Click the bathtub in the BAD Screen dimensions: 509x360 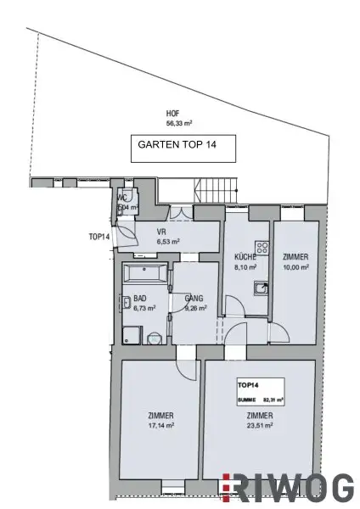145,273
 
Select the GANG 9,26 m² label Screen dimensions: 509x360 196,303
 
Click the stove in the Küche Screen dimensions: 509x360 262,249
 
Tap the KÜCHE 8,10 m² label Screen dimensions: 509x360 245,260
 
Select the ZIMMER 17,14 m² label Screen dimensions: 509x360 160,420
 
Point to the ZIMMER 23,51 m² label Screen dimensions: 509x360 260,420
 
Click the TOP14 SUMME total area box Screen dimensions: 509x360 260,390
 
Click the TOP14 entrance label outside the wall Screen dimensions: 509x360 98,237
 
